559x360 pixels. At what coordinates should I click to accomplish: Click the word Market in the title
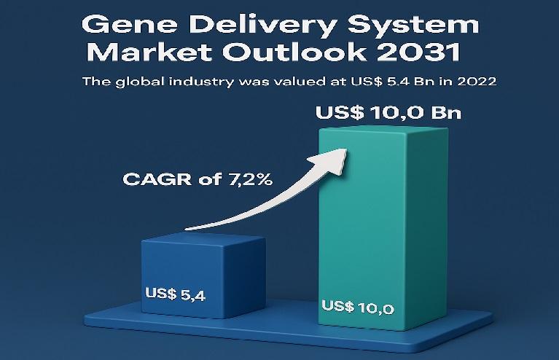[x=149, y=52]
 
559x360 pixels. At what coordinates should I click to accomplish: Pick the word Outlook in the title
[x=294, y=52]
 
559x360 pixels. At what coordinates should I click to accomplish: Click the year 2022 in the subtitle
[x=477, y=82]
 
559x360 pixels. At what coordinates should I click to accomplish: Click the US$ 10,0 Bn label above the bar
[x=388, y=113]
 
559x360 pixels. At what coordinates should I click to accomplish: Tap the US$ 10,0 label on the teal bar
[x=358, y=307]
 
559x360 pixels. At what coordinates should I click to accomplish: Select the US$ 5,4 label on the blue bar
[x=176, y=294]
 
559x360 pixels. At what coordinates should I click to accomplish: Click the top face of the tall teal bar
[x=384, y=128]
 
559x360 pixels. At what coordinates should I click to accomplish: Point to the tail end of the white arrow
[x=186, y=229]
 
